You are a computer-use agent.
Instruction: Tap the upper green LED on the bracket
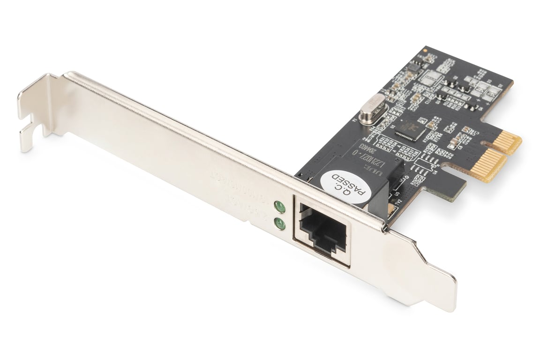(x=280, y=207)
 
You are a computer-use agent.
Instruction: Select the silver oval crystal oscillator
(x=373, y=111)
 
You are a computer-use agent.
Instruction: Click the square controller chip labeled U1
(x=409, y=128)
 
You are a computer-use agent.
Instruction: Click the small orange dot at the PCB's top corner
(x=425, y=49)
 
